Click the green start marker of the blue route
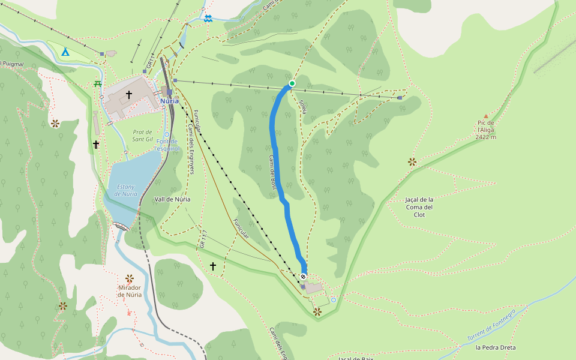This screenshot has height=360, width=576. click(x=292, y=83)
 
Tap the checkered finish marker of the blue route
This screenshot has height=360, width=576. click(x=304, y=276)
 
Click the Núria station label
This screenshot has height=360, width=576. click(x=170, y=101)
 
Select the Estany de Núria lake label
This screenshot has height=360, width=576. click(x=126, y=190)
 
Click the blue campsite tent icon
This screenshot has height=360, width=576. click(x=65, y=52)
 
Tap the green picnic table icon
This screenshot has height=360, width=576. click(x=97, y=83)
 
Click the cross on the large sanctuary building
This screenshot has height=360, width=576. click(x=129, y=95)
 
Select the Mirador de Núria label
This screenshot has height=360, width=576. click(x=130, y=291)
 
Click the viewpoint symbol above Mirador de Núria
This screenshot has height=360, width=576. click(x=130, y=278)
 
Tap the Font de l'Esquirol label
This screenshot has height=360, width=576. click(x=167, y=144)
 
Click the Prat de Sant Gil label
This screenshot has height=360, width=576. click(x=143, y=136)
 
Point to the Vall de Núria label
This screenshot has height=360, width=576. click(x=173, y=199)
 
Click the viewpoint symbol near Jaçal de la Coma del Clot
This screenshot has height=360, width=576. click(x=412, y=161)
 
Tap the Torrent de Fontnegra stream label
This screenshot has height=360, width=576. click(x=491, y=326)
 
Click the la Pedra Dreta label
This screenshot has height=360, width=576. click(x=495, y=347)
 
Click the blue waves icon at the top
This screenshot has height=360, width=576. click(x=208, y=19)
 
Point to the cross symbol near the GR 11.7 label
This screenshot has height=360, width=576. click(x=213, y=266)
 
